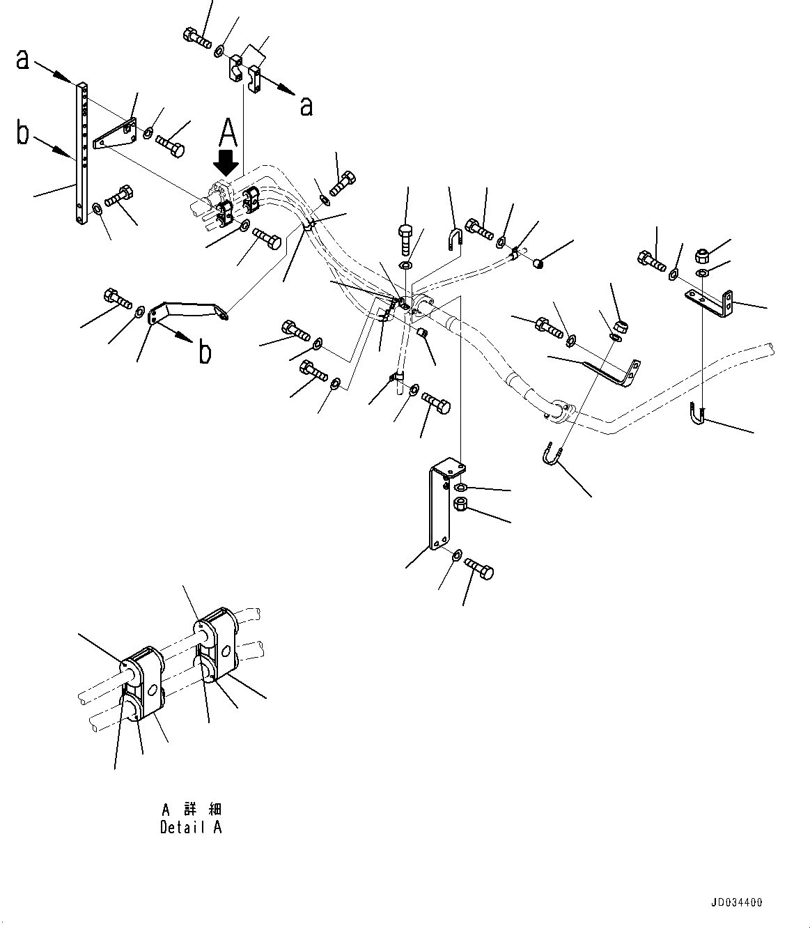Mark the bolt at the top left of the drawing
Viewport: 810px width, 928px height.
(x=197, y=36)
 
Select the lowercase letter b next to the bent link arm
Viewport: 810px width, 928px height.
(x=204, y=353)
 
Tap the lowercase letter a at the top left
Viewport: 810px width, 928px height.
(x=24, y=59)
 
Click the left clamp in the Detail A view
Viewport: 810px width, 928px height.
(x=143, y=678)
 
